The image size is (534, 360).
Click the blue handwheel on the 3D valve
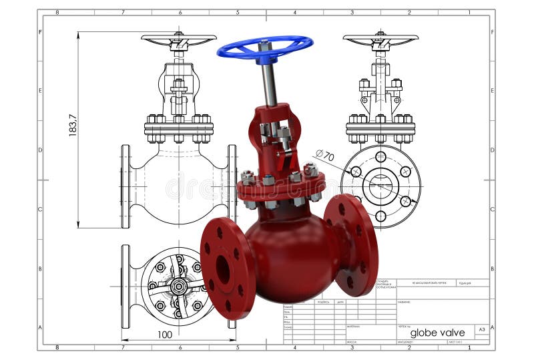point(264,47)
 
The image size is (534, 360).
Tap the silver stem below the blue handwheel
point(268,83)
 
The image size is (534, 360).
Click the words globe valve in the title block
point(437,332)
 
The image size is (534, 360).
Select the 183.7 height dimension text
point(73,126)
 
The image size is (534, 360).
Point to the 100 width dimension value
point(165,334)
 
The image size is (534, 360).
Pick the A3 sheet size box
point(481,330)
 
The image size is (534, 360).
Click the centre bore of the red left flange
point(223,270)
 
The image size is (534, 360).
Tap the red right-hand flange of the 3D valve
point(352,244)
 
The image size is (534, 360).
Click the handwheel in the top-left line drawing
point(178,39)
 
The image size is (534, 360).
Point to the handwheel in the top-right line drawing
point(380,39)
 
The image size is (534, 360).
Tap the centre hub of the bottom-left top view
point(178,287)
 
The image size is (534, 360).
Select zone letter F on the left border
point(41,32)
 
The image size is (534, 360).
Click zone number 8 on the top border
point(57,12)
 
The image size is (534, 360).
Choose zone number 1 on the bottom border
point(469,347)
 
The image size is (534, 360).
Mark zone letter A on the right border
point(492,327)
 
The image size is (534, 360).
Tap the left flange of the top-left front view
point(125,186)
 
